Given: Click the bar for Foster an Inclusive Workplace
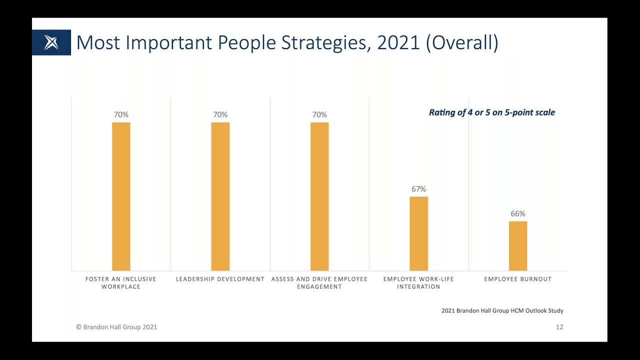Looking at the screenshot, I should pyautogui.click(x=121, y=196).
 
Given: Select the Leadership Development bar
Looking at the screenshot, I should pyautogui.click(x=220, y=196).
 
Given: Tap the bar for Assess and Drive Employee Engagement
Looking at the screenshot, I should pyautogui.click(x=319, y=196).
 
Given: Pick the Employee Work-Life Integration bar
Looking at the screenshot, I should pyautogui.click(x=418, y=233).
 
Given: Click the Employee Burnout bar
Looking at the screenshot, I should pyautogui.click(x=518, y=245).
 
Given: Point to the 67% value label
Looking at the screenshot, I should pyautogui.click(x=418, y=189).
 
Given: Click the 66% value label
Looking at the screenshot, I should pyautogui.click(x=518, y=214).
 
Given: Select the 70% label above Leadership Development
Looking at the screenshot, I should pyautogui.click(x=220, y=115).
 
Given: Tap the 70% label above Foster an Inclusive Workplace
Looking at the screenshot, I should pyautogui.click(x=121, y=115).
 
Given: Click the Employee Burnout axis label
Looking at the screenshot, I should pyautogui.click(x=517, y=279).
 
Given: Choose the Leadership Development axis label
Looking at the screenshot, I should pyautogui.click(x=220, y=279).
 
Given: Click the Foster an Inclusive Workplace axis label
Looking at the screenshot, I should pyautogui.click(x=121, y=283).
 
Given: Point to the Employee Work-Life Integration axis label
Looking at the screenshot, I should pyautogui.click(x=418, y=283).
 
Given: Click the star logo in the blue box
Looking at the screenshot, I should pyautogui.click(x=51, y=42).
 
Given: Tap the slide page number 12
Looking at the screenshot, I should pyautogui.click(x=559, y=327).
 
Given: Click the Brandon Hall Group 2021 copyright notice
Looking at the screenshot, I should pyautogui.click(x=116, y=327).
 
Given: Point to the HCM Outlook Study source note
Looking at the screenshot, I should pyautogui.click(x=502, y=311).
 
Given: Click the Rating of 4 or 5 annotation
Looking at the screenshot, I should pyautogui.click(x=491, y=112).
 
